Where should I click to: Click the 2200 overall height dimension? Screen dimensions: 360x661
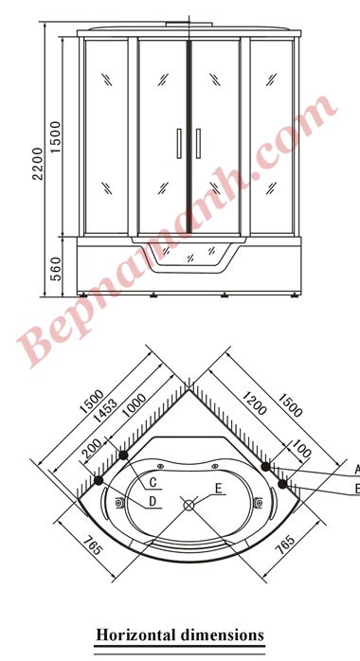[38, 164]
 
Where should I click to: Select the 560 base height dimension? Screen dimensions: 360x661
[56, 269]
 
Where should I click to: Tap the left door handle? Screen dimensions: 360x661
[179, 143]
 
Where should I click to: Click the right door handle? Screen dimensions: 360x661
[198, 143]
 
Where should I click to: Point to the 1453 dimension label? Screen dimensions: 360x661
[105, 410]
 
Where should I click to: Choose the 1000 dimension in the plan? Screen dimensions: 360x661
[134, 405]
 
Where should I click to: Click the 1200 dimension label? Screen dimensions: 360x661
[254, 402]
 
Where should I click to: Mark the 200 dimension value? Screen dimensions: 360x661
[92, 449]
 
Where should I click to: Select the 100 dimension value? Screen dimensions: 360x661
[301, 448]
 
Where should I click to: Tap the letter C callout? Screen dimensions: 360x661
[153, 483]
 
